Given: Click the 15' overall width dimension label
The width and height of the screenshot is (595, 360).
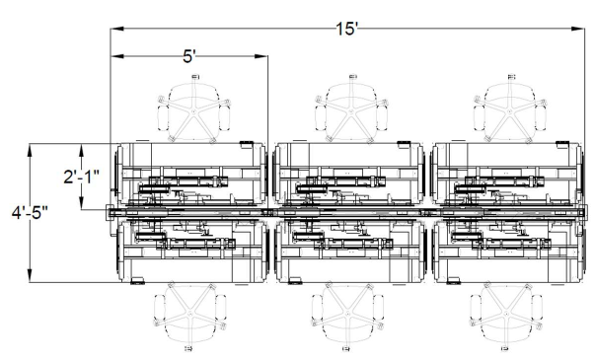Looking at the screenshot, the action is tap(346, 29).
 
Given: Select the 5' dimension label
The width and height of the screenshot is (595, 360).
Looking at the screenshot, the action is tap(189, 56).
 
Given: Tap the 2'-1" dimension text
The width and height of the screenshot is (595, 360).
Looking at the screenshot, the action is tap(81, 177).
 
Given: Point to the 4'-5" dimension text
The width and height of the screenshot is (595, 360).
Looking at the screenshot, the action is tap(30, 213).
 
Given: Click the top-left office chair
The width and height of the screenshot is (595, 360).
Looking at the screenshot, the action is tap(194, 109).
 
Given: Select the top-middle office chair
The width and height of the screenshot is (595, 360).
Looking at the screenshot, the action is tap(351, 109).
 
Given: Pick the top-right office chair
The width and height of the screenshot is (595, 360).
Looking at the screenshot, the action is tap(510, 109).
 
